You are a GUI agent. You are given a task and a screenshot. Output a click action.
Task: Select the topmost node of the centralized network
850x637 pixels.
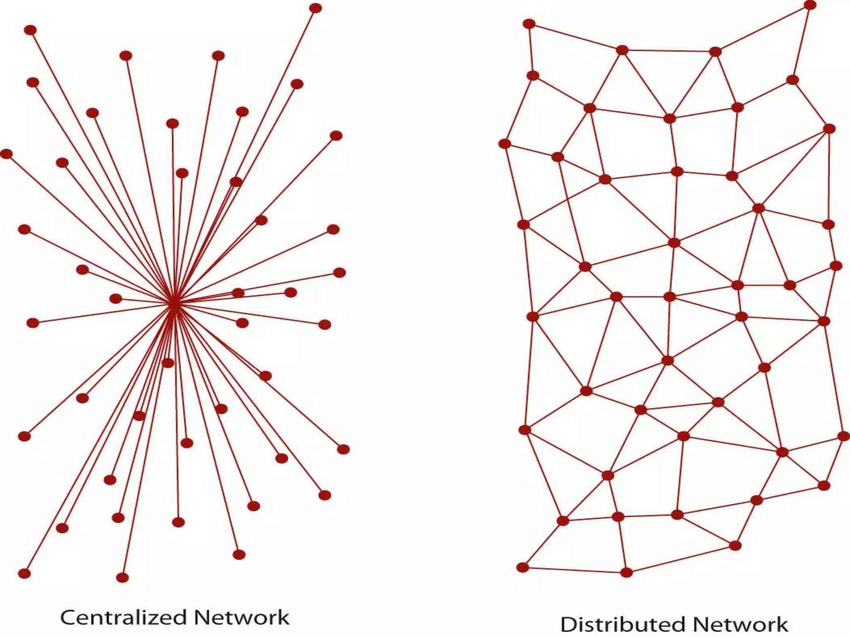(x=316, y=8)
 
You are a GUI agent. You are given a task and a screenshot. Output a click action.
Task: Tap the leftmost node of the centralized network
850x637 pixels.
(x=6, y=154)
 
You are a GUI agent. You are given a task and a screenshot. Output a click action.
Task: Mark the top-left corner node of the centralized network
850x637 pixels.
(x=30, y=30)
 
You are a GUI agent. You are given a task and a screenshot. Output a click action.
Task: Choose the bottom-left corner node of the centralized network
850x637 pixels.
(x=24, y=574)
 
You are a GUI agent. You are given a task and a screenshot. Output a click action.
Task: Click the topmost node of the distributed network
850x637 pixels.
(x=810, y=5)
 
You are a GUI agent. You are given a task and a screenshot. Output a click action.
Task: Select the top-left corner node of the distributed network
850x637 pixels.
(x=529, y=24)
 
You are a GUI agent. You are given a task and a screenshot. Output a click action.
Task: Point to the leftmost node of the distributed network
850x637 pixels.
(x=504, y=144)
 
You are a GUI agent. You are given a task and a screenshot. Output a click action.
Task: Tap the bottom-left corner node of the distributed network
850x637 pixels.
(x=523, y=567)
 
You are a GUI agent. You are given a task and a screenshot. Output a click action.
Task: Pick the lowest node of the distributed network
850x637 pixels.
(x=626, y=573)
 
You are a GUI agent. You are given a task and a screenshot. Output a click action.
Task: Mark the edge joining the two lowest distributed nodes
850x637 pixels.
(x=574, y=570)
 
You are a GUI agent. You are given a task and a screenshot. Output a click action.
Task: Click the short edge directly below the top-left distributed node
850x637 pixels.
(x=531, y=50)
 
